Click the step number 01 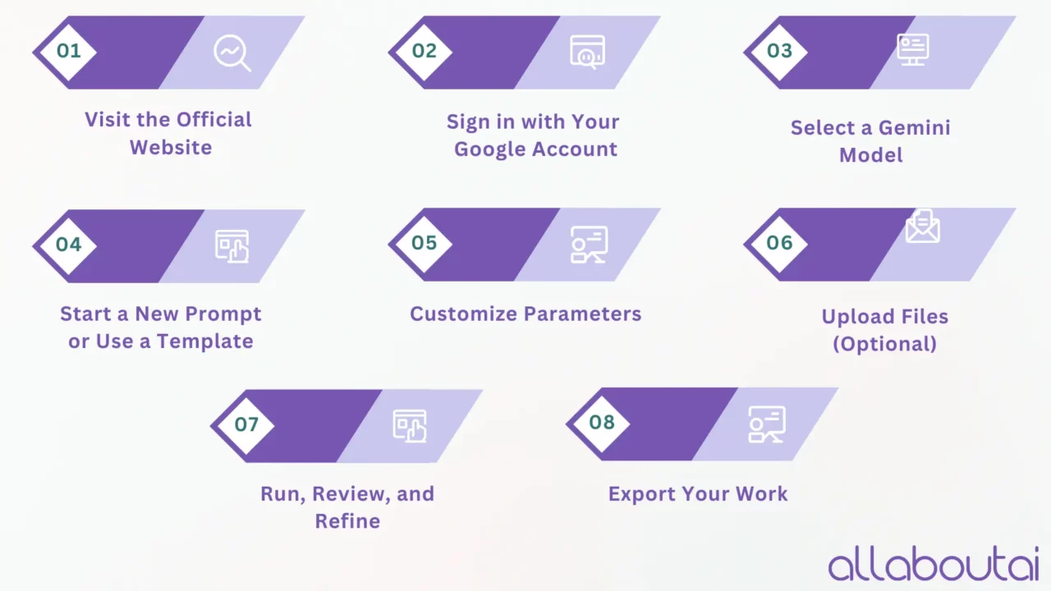[x=68, y=51]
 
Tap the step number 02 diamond [x=425, y=51]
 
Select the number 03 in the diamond [x=779, y=51]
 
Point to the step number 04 [x=68, y=245]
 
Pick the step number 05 [x=425, y=243]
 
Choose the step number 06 [x=779, y=243]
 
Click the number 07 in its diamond [x=246, y=424]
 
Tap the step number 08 [x=602, y=423]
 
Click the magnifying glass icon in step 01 [x=232, y=53]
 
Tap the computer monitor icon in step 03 [x=912, y=50]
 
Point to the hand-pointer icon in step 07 [x=410, y=426]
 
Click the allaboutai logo [x=934, y=563]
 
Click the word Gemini [x=915, y=127]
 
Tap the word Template [x=204, y=341]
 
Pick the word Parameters [x=582, y=314]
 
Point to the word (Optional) [x=885, y=344]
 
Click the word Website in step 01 [x=171, y=147]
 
